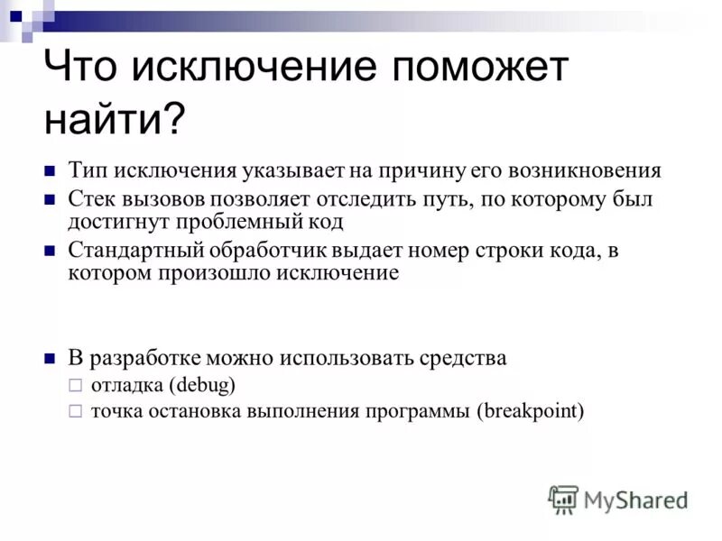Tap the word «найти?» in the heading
pyautogui.click(x=114, y=118)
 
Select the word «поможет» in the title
pyautogui.click(x=467, y=69)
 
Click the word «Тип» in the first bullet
pyautogui.click(x=88, y=170)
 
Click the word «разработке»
pyautogui.click(x=145, y=358)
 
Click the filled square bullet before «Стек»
pyautogui.click(x=51, y=198)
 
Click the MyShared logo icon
pyautogui.click(x=563, y=499)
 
